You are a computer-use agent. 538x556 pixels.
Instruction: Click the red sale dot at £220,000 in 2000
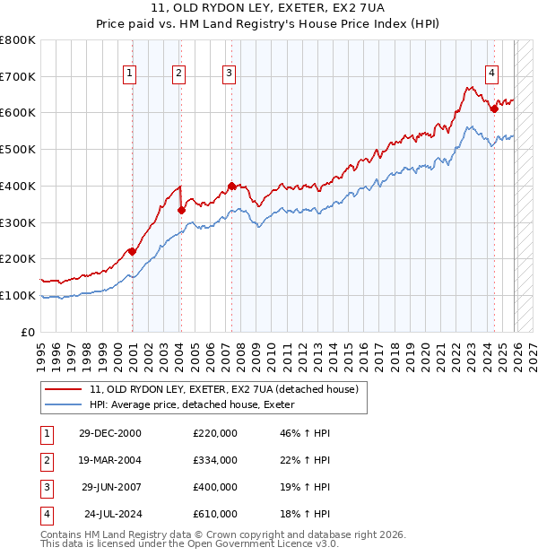132,251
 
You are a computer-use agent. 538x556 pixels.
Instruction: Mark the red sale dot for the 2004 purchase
181,210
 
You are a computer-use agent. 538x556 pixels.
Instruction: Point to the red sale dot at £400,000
231,186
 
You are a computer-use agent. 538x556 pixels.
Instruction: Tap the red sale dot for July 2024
494,109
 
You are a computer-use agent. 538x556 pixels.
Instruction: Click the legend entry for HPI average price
198,405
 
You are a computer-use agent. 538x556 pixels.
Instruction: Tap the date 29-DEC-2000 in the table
109,432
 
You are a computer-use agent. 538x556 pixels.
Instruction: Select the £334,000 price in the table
215,460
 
